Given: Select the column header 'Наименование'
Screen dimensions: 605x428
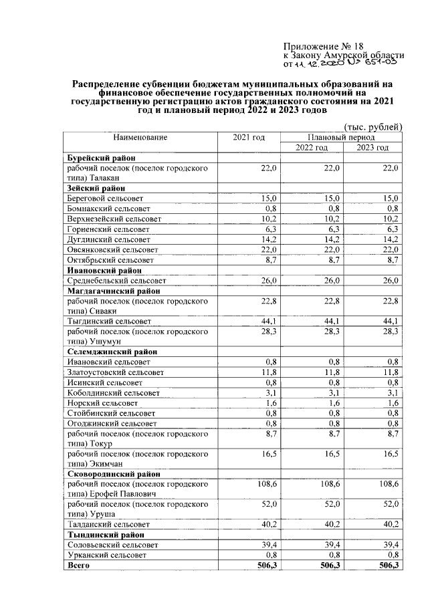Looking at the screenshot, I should coord(140,137).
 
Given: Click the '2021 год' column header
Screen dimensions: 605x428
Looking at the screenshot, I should coord(248,137).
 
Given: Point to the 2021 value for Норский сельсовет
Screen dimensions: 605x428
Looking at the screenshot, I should coord(270,403).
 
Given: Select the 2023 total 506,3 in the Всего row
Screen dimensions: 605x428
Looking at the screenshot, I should coord(387,566).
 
